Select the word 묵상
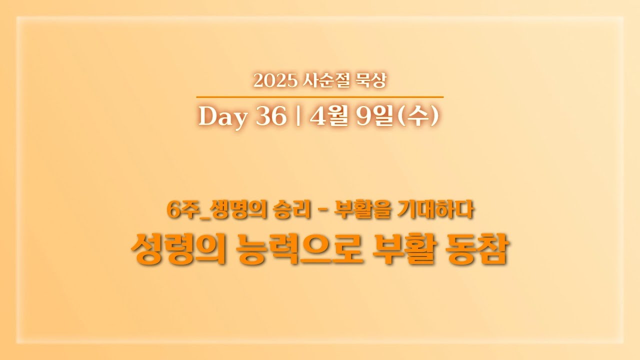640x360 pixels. tap(370, 80)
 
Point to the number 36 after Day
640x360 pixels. tap(271, 117)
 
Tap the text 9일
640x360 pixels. tap(375, 117)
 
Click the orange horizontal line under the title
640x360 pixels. tap(320, 96)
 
